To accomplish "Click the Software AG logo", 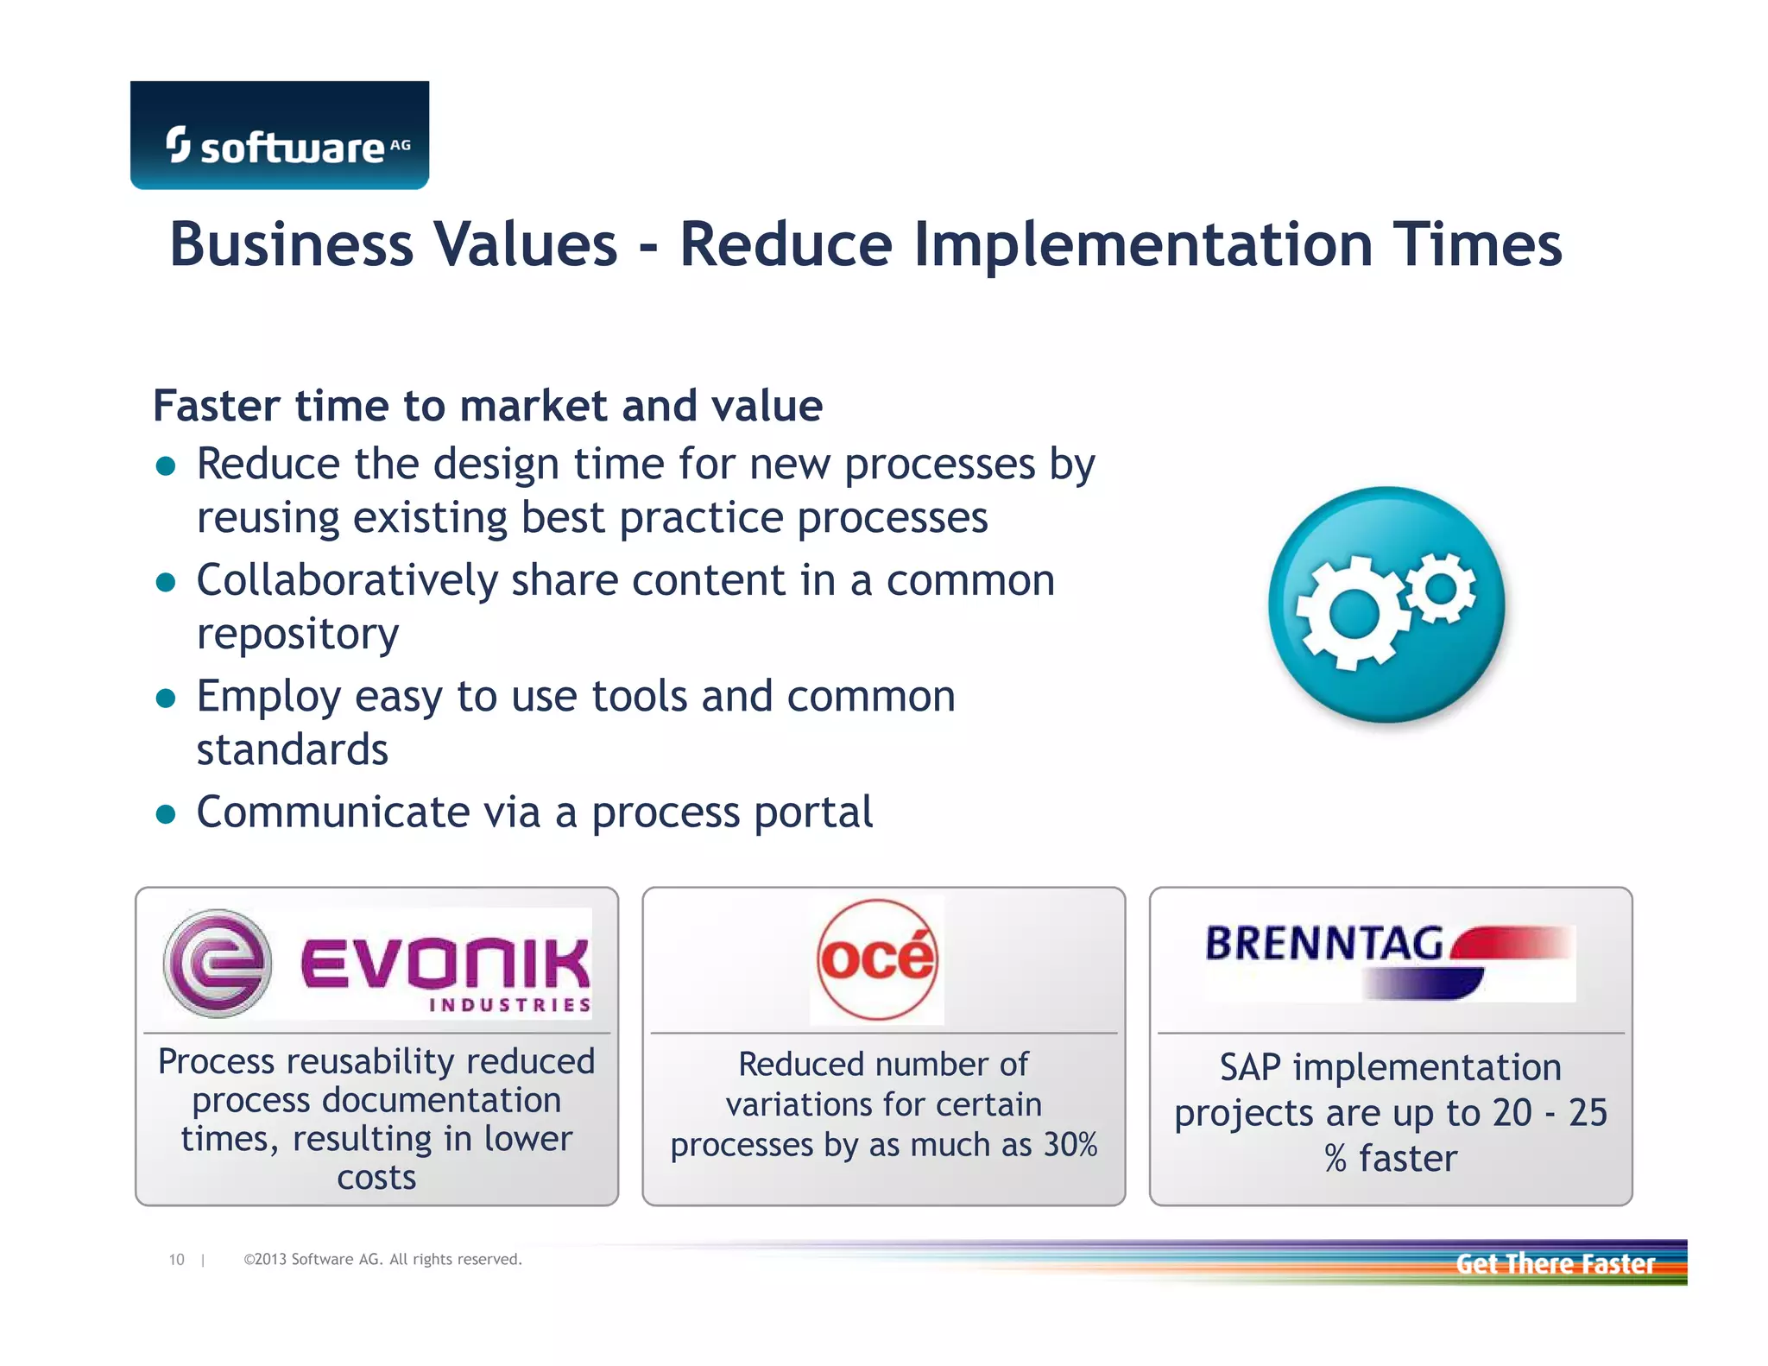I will click(280, 136).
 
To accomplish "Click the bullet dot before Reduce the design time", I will click(166, 467).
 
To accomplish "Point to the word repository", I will click(298, 635).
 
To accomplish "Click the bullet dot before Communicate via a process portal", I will click(166, 814).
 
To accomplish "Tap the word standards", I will click(293, 749).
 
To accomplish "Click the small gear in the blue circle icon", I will click(1441, 588).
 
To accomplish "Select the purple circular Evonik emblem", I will click(218, 963).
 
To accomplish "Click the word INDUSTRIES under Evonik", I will click(510, 1005).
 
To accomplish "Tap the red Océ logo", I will click(877, 959).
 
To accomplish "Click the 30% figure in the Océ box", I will click(1070, 1145).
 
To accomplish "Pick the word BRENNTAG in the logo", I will click(1323, 943).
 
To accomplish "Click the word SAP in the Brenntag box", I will click(1249, 1068).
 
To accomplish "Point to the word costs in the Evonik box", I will click(376, 1178).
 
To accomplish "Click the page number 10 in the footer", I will click(176, 1260).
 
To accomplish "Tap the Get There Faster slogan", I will click(1555, 1264).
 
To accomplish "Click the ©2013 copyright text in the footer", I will click(382, 1260).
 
